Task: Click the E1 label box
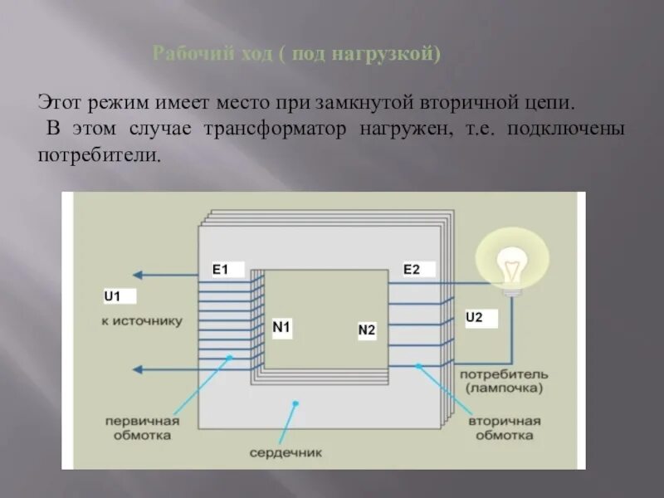click(227, 269)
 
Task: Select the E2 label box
click(418, 269)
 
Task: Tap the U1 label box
click(119, 296)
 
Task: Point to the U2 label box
click(481, 318)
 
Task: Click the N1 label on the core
click(282, 328)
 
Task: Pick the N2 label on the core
click(367, 330)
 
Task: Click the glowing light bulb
click(512, 264)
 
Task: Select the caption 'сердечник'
click(285, 453)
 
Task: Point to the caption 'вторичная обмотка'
click(505, 427)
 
